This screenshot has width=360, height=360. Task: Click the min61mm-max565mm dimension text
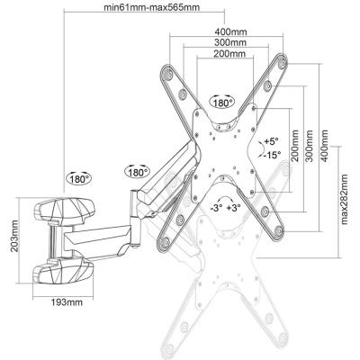[151, 7]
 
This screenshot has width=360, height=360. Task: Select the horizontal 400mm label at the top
[230, 31]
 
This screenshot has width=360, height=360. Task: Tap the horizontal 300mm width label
[230, 42]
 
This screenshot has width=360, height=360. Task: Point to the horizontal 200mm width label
[229, 53]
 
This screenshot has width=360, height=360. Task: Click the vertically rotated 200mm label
[295, 146]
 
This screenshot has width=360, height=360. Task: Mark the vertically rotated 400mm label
[325, 146]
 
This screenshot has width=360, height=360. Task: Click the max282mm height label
[344, 199]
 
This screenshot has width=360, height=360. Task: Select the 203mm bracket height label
[13, 236]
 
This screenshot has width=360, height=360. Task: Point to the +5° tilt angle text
[272, 140]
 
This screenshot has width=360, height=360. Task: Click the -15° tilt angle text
[272, 155]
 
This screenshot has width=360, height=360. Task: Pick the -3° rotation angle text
[216, 208]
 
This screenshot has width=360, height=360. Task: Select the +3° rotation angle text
[234, 208]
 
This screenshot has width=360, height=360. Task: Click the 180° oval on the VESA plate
[223, 103]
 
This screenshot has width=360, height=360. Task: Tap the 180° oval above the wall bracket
[79, 178]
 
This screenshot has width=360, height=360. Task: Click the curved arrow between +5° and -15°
[262, 148]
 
